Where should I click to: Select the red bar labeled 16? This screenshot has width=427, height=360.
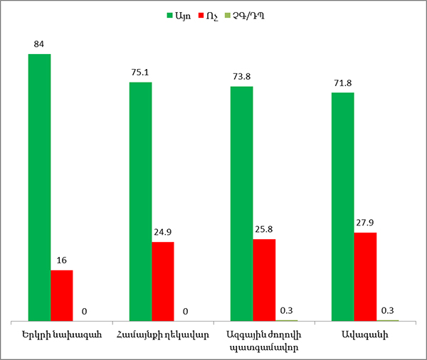click(x=61, y=295)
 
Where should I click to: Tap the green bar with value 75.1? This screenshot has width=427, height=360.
click(x=140, y=201)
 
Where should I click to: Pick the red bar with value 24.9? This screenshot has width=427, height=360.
click(x=162, y=281)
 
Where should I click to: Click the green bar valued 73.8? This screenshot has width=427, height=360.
click(x=241, y=203)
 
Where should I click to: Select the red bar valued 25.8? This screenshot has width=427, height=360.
click(x=263, y=280)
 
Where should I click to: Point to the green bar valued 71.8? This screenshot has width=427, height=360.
click(x=342, y=206)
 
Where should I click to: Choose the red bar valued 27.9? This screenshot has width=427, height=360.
click(x=365, y=276)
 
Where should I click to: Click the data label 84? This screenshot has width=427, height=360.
click(x=39, y=45)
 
